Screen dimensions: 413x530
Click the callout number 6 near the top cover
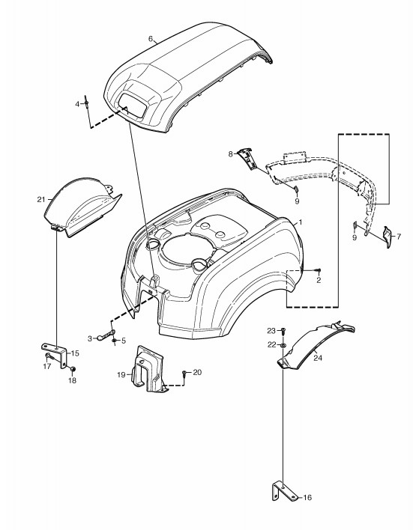click(x=151, y=38)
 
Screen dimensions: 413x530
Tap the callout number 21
click(x=41, y=200)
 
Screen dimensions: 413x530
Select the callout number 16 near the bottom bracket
click(x=307, y=498)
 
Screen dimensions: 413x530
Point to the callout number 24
click(x=318, y=358)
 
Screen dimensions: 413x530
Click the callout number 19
click(x=121, y=374)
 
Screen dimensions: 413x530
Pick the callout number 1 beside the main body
click(x=301, y=222)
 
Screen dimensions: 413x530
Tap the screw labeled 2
click(x=319, y=269)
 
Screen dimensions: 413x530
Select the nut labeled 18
click(x=73, y=368)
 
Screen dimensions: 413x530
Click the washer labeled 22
click(x=282, y=345)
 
